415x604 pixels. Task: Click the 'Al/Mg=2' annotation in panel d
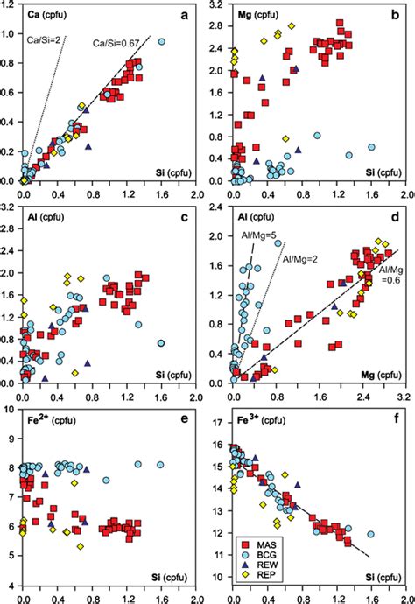click(x=297, y=247)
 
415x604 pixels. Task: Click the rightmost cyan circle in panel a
click(x=162, y=41)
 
